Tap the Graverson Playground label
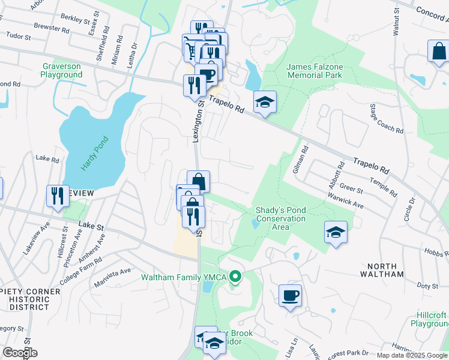(x=62, y=70)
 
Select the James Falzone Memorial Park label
(x=315, y=71)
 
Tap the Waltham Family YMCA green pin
(x=236, y=277)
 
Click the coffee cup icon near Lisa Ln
(x=290, y=296)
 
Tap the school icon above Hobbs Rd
(x=336, y=232)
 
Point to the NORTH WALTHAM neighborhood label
(x=382, y=270)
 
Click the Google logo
(x=20, y=353)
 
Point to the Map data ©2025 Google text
(x=412, y=355)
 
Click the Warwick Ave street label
(x=346, y=200)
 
